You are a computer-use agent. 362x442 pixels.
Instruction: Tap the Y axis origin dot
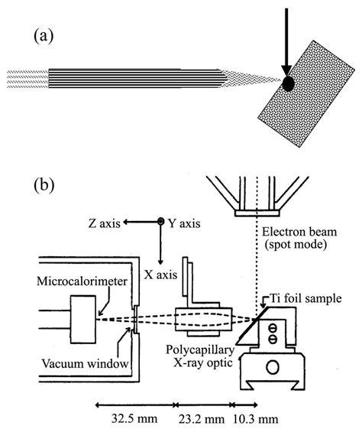tap(160, 223)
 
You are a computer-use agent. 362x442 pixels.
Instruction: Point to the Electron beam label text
tap(296, 230)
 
